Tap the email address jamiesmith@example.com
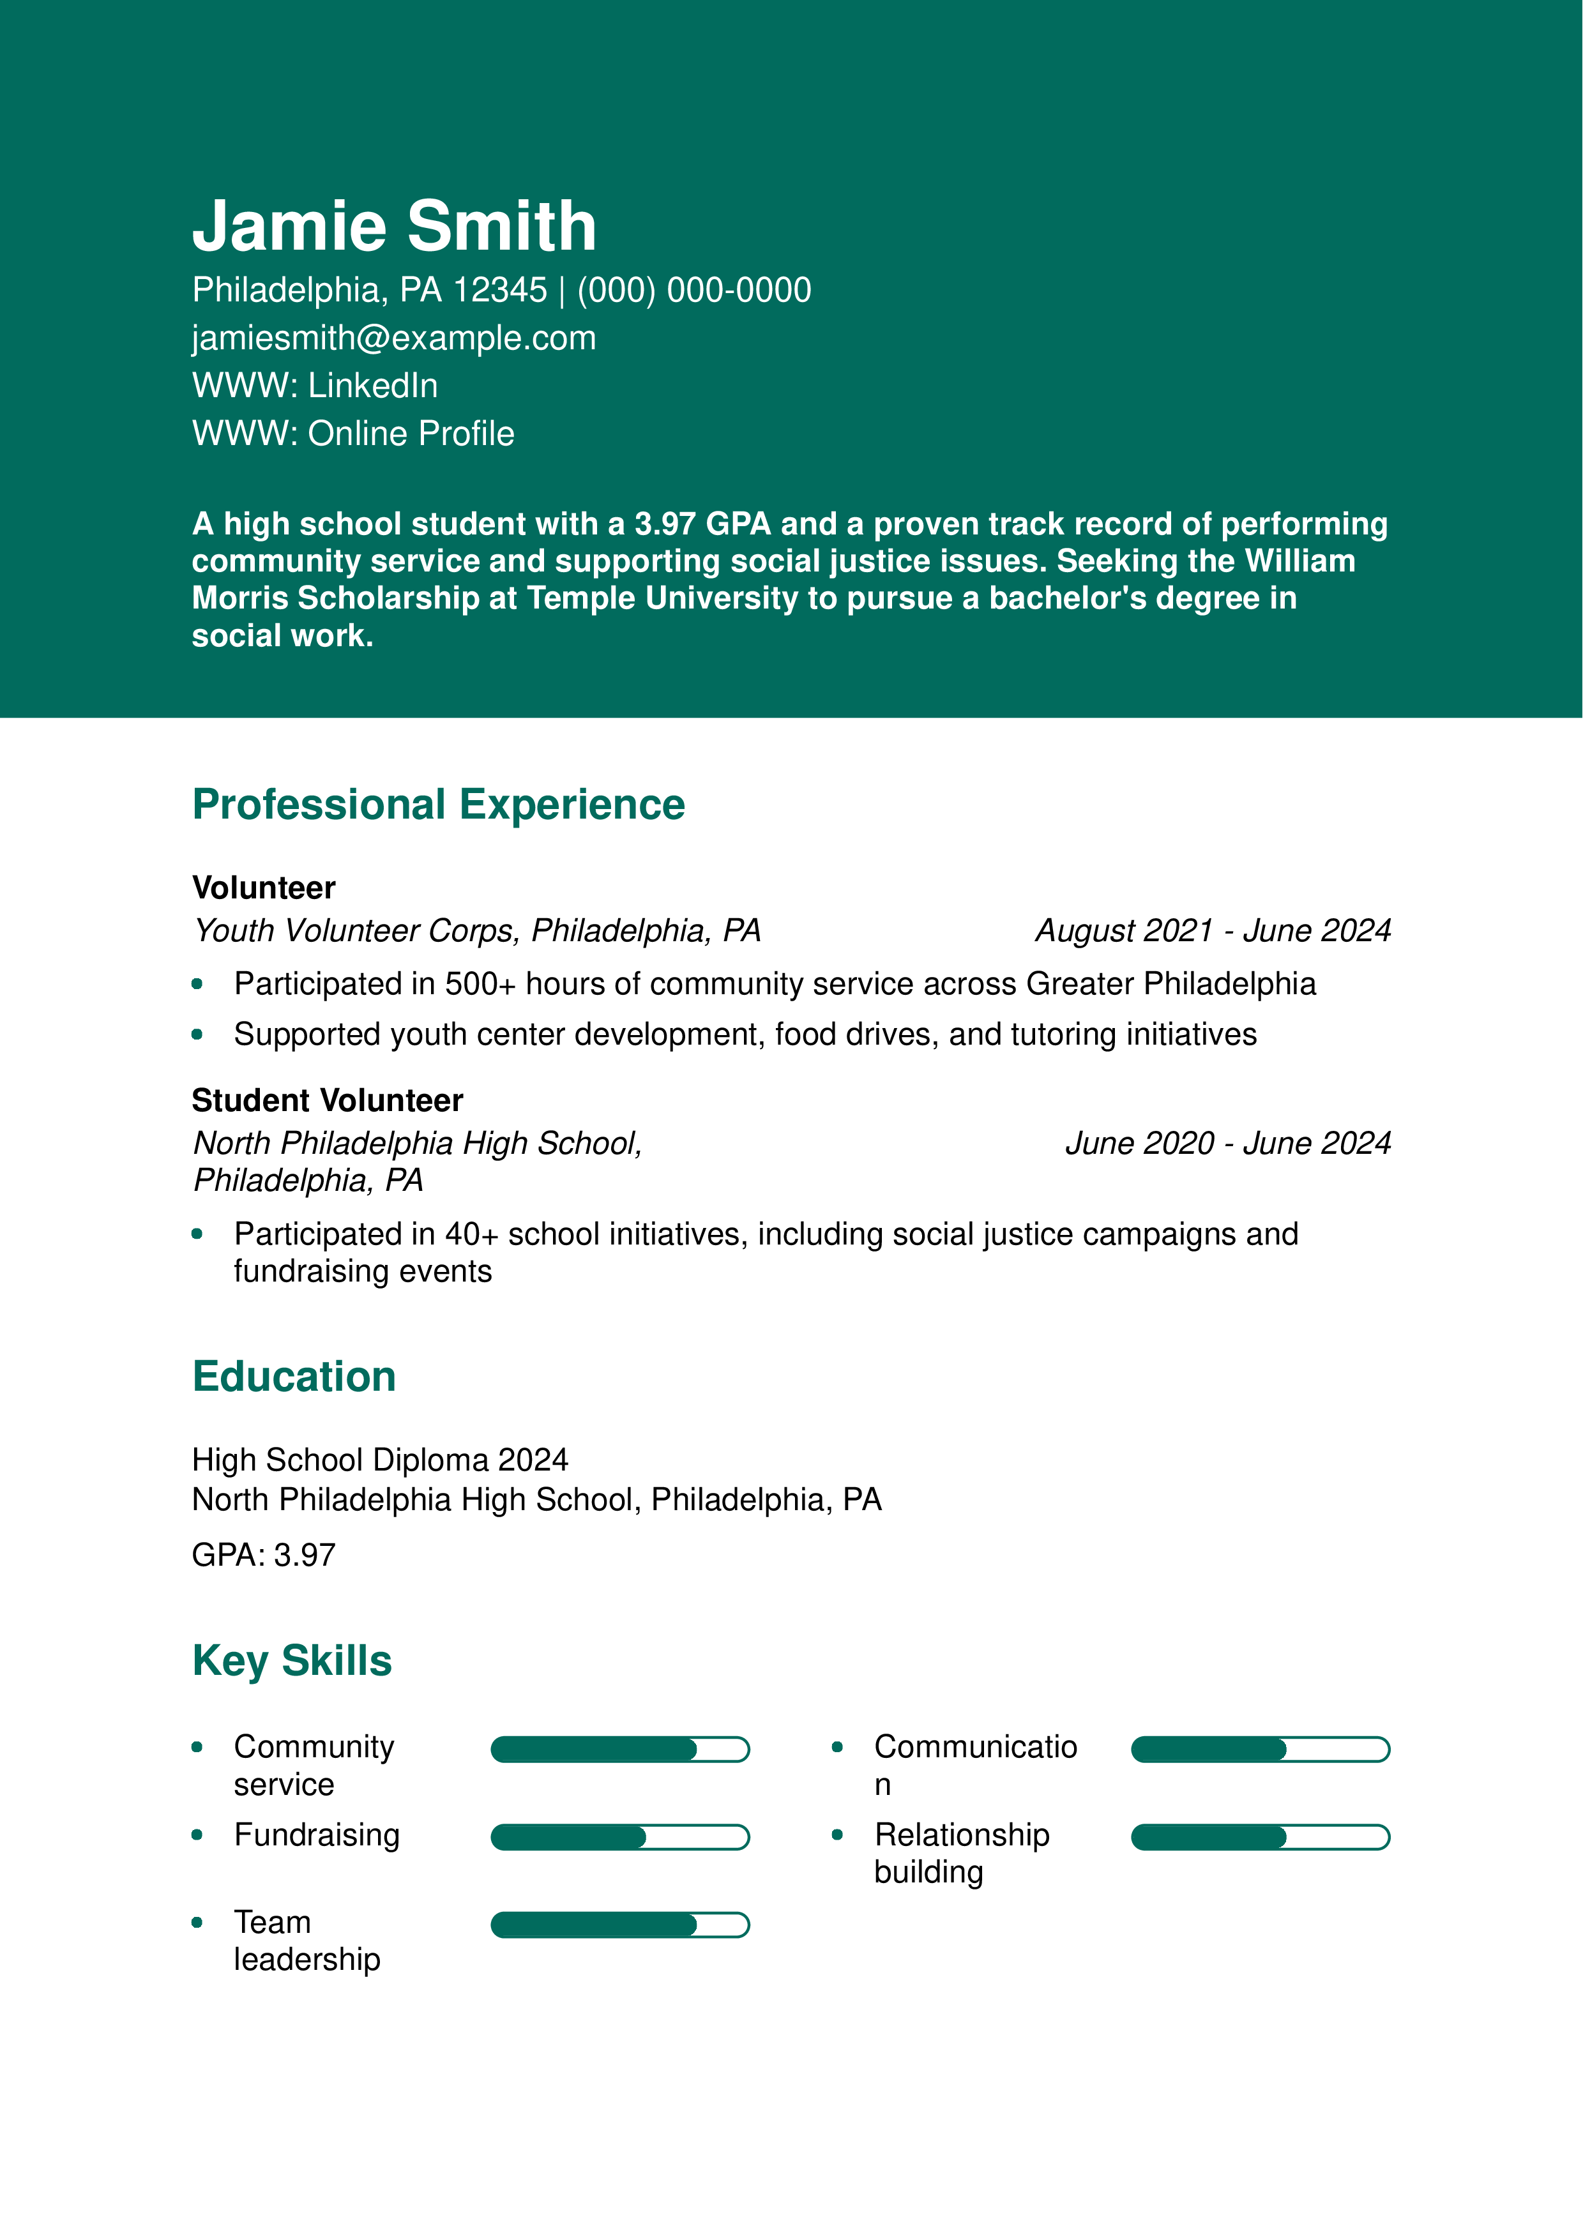394,338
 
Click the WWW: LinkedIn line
315,386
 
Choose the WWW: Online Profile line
353,433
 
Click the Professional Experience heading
439,805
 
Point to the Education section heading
294,1377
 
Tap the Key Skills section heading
292,1660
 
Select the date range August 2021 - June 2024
1213,931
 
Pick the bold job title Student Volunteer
327,1100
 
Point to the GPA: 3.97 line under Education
263,1554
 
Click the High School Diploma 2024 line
379,1460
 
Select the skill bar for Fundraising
620,1837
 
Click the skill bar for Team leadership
620,1925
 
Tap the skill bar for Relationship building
1260,1837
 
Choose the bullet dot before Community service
197,1747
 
